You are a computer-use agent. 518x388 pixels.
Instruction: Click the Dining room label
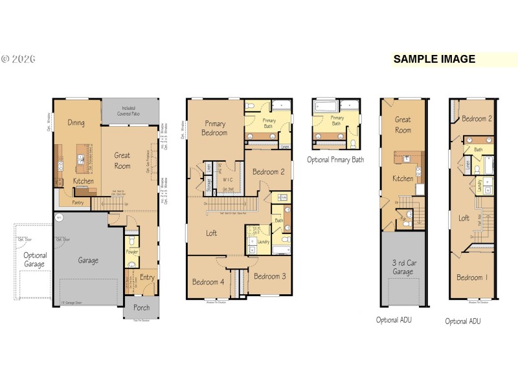click(x=76, y=122)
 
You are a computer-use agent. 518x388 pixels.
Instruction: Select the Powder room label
click(x=131, y=252)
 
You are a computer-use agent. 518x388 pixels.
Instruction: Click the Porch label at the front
click(x=141, y=308)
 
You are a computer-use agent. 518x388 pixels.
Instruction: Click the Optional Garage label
click(x=36, y=260)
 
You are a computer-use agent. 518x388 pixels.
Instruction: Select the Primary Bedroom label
click(x=214, y=127)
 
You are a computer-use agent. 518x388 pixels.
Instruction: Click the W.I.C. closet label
click(x=227, y=180)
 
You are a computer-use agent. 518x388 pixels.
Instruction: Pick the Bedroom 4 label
click(x=208, y=282)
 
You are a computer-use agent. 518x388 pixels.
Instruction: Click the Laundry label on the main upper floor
click(x=263, y=242)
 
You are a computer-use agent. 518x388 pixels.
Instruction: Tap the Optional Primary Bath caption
click(x=335, y=160)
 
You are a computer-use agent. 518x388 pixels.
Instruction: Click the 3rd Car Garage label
click(x=403, y=267)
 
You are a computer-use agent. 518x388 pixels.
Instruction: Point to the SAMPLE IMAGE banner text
click(x=434, y=59)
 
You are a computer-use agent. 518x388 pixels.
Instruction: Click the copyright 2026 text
click(x=18, y=59)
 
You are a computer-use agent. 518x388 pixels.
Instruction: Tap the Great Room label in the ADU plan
click(x=403, y=124)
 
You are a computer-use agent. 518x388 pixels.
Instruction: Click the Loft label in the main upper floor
click(x=212, y=233)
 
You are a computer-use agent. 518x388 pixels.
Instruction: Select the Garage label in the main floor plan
click(x=88, y=261)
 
